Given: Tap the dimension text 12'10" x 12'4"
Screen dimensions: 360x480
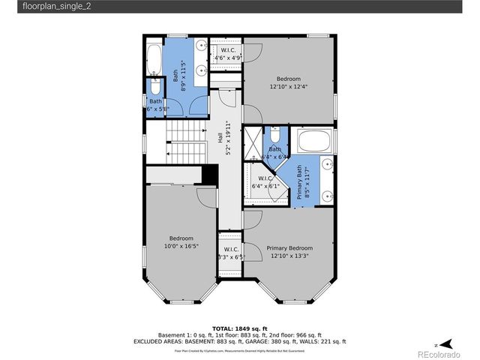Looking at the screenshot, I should [289, 86].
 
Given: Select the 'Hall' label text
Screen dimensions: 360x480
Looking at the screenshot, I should [220, 138].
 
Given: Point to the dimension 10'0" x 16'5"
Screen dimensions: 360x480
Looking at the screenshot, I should [181, 244].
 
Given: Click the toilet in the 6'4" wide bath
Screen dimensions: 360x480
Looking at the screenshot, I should [275, 136].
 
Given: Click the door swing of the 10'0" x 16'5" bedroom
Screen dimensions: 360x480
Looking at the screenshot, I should [207, 196].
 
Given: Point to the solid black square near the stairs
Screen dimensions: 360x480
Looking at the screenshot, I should [210, 173].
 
